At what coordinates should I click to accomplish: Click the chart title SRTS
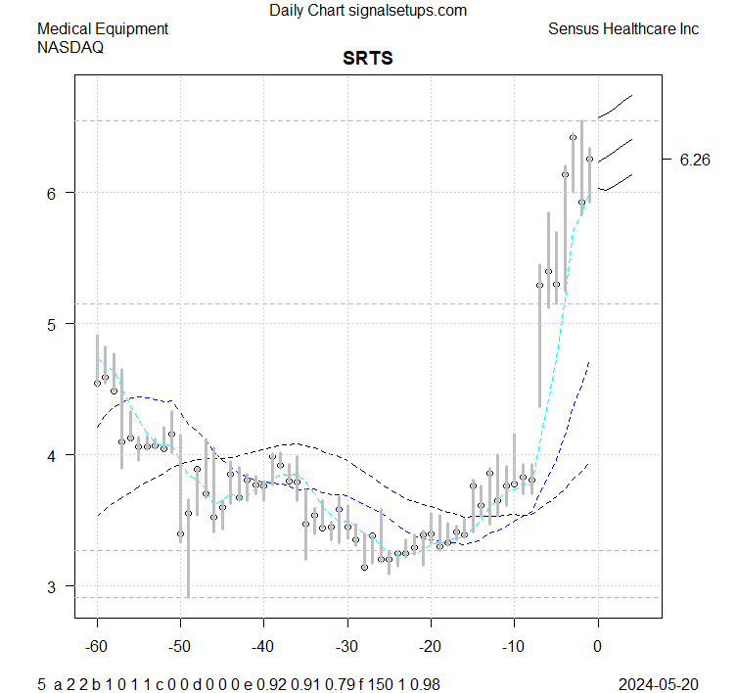coord(367,59)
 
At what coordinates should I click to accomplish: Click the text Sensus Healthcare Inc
coord(623,29)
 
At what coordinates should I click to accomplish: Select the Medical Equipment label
coord(103,29)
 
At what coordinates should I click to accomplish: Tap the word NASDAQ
coord(70,46)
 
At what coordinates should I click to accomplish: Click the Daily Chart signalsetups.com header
coord(368,11)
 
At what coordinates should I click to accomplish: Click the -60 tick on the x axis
coord(97,646)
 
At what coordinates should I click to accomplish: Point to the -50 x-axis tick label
coord(180,646)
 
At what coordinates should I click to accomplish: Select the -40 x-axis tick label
coord(263,646)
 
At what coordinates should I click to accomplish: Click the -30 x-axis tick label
coord(346,646)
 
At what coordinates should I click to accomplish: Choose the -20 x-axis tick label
coord(430,646)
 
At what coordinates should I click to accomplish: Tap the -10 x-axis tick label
coord(513,646)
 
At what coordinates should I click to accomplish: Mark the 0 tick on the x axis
coord(597,646)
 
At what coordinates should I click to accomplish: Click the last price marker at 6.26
coord(589,159)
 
